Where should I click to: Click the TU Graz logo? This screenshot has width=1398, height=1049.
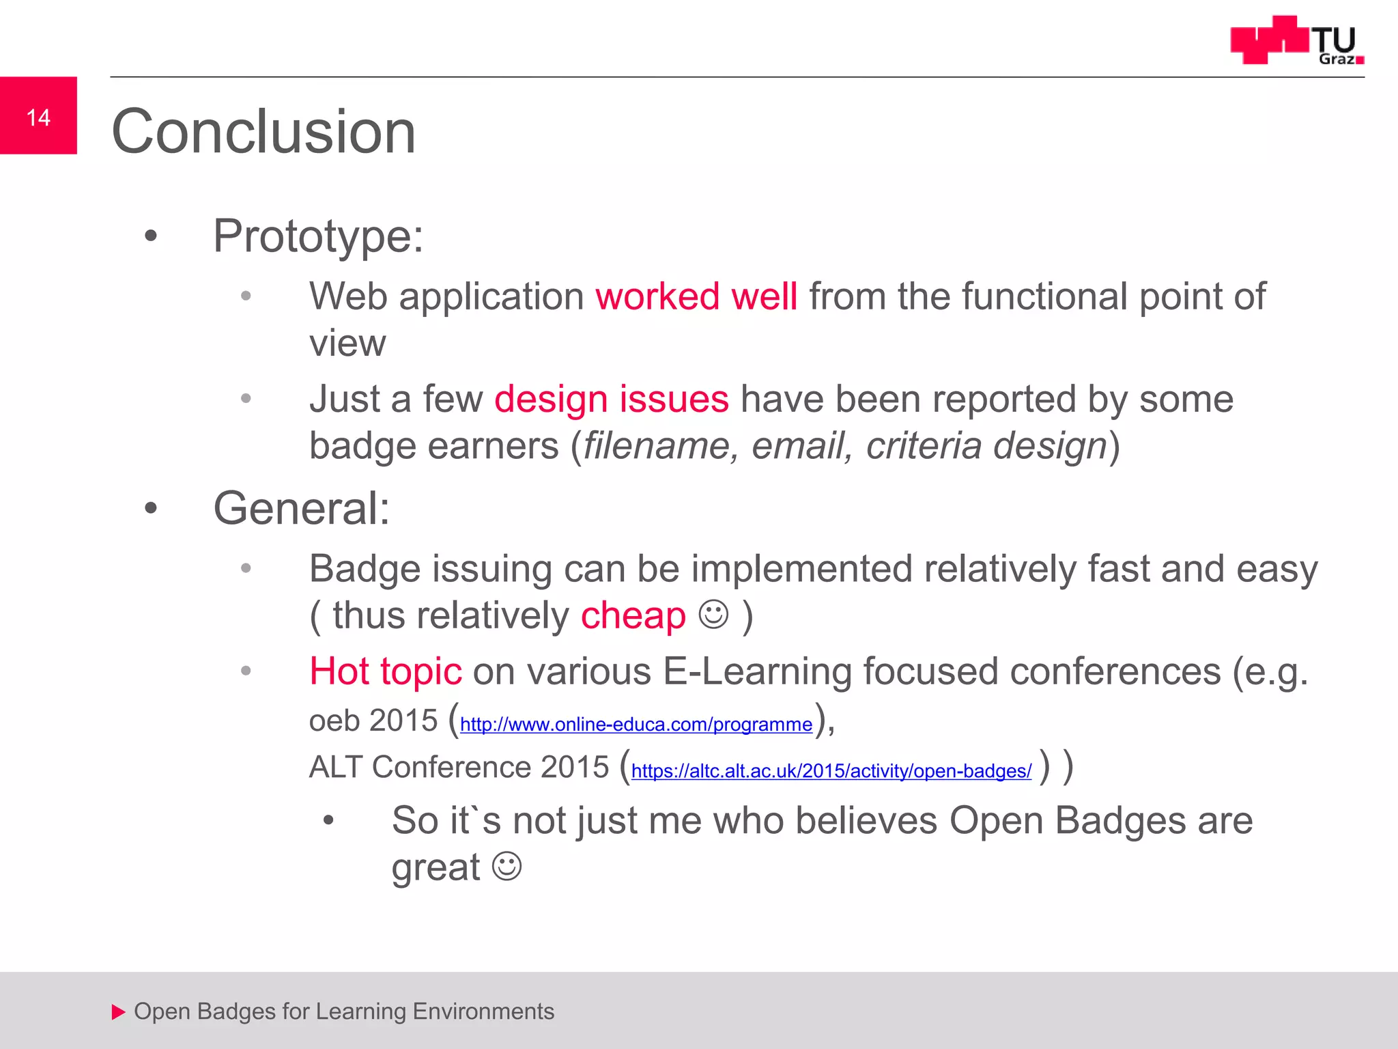(x=1296, y=41)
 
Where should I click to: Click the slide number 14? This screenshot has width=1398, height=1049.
(x=38, y=117)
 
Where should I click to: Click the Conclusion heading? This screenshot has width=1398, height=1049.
(x=263, y=132)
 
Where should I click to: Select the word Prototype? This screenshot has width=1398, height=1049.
(x=318, y=236)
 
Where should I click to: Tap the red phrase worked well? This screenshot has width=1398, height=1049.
(x=696, y=297)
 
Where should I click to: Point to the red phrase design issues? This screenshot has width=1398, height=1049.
(x=611, y=400)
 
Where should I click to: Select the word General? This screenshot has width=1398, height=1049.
(x=301, y=509)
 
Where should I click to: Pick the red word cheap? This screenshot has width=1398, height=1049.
(x=633, y=616)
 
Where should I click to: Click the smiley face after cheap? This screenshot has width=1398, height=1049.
(x=714, y=614)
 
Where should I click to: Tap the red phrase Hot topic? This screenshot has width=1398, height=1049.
(x=386, y=671)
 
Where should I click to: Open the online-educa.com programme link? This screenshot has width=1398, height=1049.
(x=636, y=725)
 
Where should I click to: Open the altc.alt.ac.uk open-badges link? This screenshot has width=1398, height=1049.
(x=831, y=771)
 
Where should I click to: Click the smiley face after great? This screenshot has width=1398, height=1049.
(x=507, y=866)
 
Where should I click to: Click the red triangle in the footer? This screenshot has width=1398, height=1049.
(x=118, y=1011)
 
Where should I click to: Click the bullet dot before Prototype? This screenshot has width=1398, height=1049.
(x=151, y=237)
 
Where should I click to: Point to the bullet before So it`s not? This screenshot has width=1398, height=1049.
(x=328, y=821)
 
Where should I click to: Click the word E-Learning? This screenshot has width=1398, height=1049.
(x=756, y=671)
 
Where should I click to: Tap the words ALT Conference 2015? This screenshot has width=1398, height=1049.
(x=458, y=767)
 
